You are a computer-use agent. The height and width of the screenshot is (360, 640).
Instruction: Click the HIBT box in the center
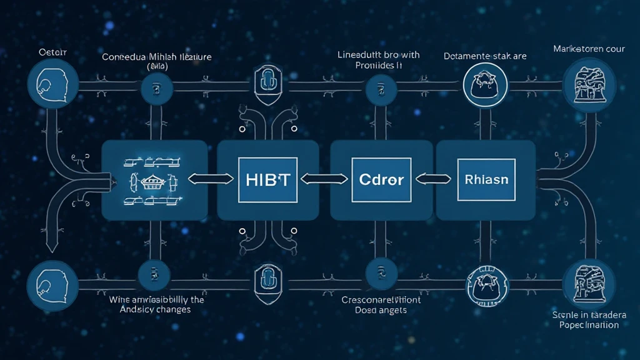pos(265,180)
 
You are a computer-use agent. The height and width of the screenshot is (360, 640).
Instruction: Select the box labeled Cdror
pos(381,180)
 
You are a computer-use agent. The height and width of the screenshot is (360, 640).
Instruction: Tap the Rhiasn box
pos(486,180)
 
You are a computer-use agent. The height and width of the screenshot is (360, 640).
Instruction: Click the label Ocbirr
pos(53,52)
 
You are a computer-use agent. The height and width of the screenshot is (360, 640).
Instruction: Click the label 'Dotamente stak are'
pos(485,56)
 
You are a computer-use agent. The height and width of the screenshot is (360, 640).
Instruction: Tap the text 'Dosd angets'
pos(381,310)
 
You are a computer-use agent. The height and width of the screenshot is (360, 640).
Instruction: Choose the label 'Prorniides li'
pos(378,66)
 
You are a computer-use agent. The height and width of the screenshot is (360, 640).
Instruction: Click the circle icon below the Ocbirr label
pos(52,84)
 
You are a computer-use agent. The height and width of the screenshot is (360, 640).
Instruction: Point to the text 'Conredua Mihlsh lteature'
pos(157,57)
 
